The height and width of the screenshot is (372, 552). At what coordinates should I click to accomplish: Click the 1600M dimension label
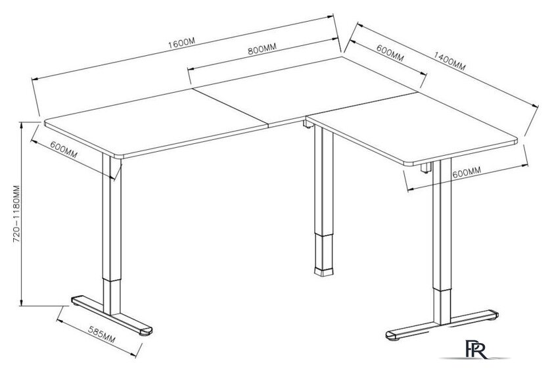click(181, 43)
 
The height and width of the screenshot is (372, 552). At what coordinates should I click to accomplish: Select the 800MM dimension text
click(262, 49)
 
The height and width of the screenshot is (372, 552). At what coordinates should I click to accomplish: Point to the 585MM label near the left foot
click(102, 334)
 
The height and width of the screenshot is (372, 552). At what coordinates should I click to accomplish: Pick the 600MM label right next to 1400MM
click(390, 53)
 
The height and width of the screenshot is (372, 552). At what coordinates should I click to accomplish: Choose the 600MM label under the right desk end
click(467, 172)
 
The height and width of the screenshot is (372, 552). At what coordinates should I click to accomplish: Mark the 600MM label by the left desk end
click(64, 149)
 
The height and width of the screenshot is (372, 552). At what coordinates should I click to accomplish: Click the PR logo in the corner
click(476, 349)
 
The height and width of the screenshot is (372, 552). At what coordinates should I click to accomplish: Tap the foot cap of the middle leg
click(323, 271)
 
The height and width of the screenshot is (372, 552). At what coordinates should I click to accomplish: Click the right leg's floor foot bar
click(442, 325)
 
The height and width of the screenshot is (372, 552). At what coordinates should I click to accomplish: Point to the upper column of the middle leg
click(323, 180)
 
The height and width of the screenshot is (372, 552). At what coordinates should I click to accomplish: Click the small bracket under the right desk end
click(426, 168)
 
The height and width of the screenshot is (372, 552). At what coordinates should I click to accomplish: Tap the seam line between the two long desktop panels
click(231, 107)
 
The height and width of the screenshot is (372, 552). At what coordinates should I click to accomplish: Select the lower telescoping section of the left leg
click(112, 297)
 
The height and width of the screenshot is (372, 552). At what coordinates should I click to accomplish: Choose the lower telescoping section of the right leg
click(442, 307)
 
